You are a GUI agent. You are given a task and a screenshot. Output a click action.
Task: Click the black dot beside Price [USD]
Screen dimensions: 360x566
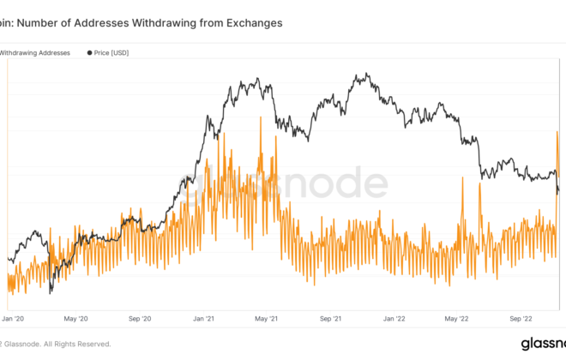coord(90,53)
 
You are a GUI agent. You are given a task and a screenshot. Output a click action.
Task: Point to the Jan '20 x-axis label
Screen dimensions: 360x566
coord(14,318)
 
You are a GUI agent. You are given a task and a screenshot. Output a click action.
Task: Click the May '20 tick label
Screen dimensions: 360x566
coord(77,318)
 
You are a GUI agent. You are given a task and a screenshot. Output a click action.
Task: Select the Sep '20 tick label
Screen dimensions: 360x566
coord(141,318)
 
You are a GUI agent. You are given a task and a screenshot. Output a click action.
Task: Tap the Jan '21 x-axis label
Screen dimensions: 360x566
coord(204,318)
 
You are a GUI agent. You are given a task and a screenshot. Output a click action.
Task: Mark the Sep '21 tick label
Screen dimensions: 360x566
coord(331,318)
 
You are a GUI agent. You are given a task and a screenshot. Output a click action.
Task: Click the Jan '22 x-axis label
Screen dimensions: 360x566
coord(394,318)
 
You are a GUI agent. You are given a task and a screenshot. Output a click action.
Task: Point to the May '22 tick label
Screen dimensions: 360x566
coord(457,318)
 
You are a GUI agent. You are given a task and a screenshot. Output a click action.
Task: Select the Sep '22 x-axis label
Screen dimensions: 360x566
coord(521,318)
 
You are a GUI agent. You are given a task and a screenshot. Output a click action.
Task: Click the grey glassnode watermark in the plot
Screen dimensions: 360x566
coord(283,183)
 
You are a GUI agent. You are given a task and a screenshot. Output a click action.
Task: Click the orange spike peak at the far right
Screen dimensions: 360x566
coord(557,131)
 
